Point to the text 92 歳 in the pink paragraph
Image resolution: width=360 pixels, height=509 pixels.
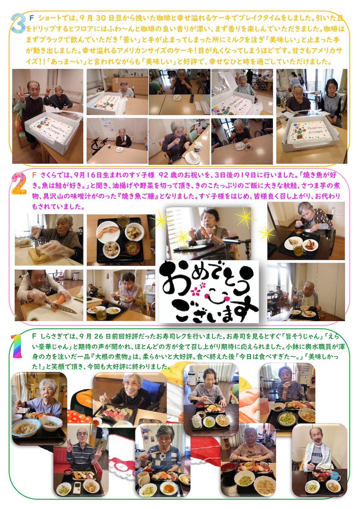click(x=168, y=175)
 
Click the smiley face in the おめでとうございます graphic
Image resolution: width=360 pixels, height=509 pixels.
click(x=214, y=294)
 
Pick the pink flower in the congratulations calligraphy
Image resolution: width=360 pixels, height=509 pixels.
click(x=196, y=288)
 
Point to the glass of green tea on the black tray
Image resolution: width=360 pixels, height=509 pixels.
click(x=123, y=220)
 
